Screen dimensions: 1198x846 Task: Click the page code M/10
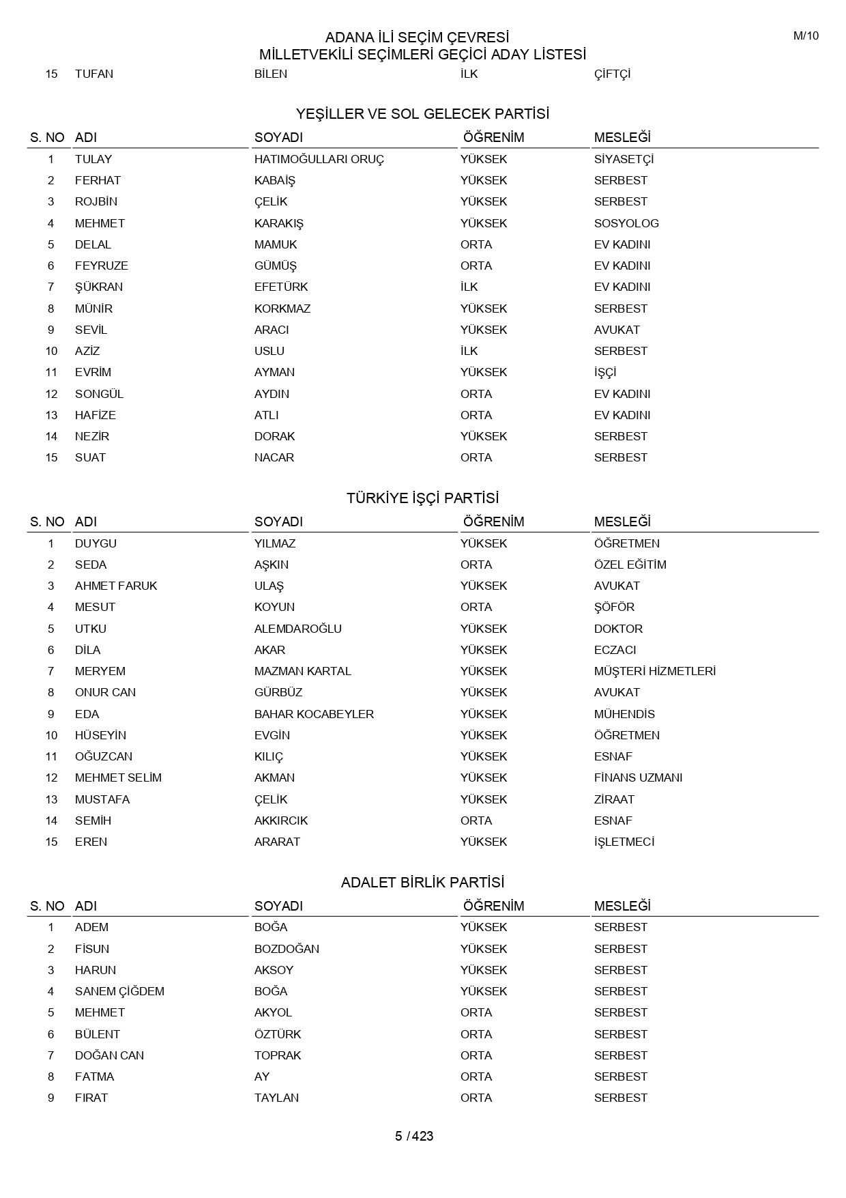(x=805, y=36)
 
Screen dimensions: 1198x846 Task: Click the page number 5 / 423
(x=414, y=1136)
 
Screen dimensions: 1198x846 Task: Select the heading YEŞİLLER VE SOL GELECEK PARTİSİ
(x=422, y=113)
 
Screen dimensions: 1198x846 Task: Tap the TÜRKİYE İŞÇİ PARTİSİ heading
(x=422, y=498)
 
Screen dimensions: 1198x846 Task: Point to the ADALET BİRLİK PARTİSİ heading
(x=422, y=882)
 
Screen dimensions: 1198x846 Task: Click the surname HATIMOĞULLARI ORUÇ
(x=319, y=159)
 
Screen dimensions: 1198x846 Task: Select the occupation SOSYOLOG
(x=626, y=223)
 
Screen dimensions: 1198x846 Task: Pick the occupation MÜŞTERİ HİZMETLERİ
(x=654, y=671)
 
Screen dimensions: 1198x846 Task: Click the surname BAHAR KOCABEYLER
(x=314, y=714)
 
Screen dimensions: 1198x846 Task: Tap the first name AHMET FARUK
(x=116, y=586)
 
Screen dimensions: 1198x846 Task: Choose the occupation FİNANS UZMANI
(x=638, y=778)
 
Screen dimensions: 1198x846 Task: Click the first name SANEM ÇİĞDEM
(x=119, y=991)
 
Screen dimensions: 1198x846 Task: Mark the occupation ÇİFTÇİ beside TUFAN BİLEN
(x=612, y=74)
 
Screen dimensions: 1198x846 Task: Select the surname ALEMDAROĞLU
(x=297, y=629)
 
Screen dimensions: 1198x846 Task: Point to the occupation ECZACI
(x=615, y=650)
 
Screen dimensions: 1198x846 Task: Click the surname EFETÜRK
(x=281, y=287)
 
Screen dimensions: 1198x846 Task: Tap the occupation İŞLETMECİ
(x=624, y=842)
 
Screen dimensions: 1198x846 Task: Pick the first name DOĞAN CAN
(x=109, y=1055)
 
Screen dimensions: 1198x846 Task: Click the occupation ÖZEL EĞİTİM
(x=630, y=565)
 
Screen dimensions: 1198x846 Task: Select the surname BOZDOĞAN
(x=287, y=949)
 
